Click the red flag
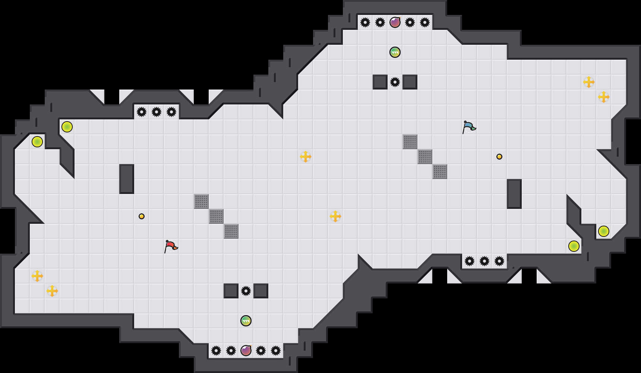[x=170, y=246]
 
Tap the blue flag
[x=468, y=127]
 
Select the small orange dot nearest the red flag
[x=142, y=216]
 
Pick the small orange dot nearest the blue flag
[x=499, y=157]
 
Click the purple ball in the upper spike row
[x=395, y=22]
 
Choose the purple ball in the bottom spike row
[x=246, y=351]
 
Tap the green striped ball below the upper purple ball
[x=395, y=52]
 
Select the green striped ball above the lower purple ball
[x=246, y=321]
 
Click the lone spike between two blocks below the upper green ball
[x=395, y=82]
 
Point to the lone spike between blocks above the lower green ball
[x=246, y=291]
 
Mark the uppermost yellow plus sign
[x=589, y=82]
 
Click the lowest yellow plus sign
[x=52, y=291]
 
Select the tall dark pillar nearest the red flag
[x=127, y=179]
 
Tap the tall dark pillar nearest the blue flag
[x=514, y=194]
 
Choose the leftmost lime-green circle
[x=37, y=142]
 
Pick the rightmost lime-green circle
[x=604, y=231]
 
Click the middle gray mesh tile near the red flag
[x=216, y=216]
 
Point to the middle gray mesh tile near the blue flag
[x=425, y=157]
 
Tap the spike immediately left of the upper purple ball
[x=380, y=22]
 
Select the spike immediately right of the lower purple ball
[x=261, y=351]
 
